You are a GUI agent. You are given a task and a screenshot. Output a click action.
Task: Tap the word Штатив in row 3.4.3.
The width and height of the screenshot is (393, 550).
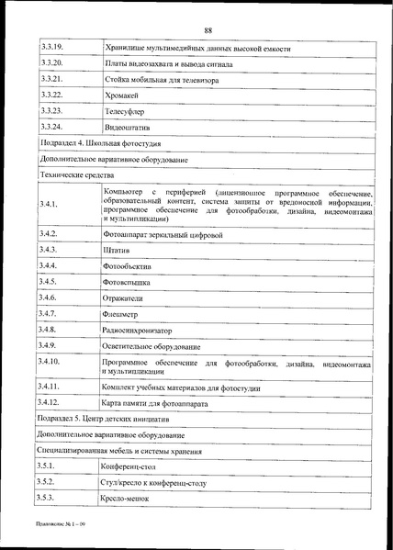click(x=118, y=251)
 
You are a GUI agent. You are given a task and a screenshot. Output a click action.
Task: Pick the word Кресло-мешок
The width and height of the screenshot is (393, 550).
click(x=124, y=497)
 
